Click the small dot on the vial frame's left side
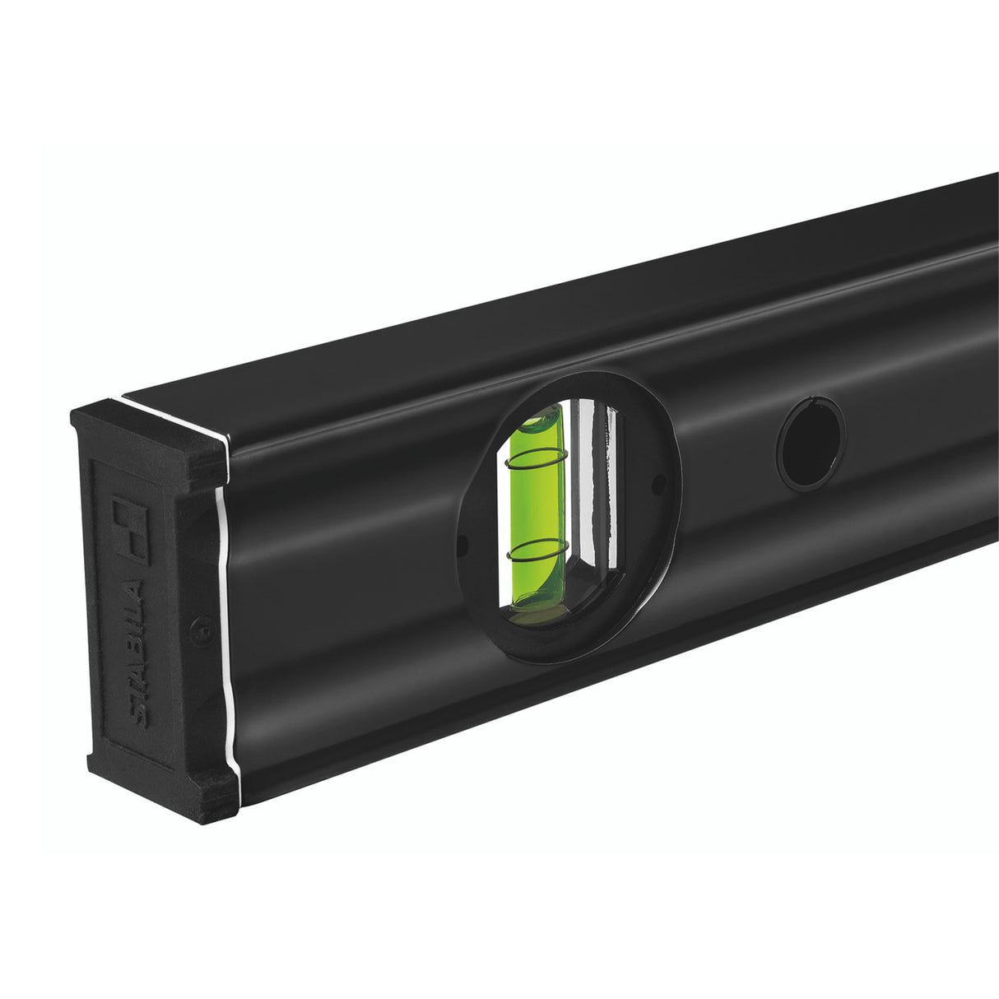click(x=463, y=546)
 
